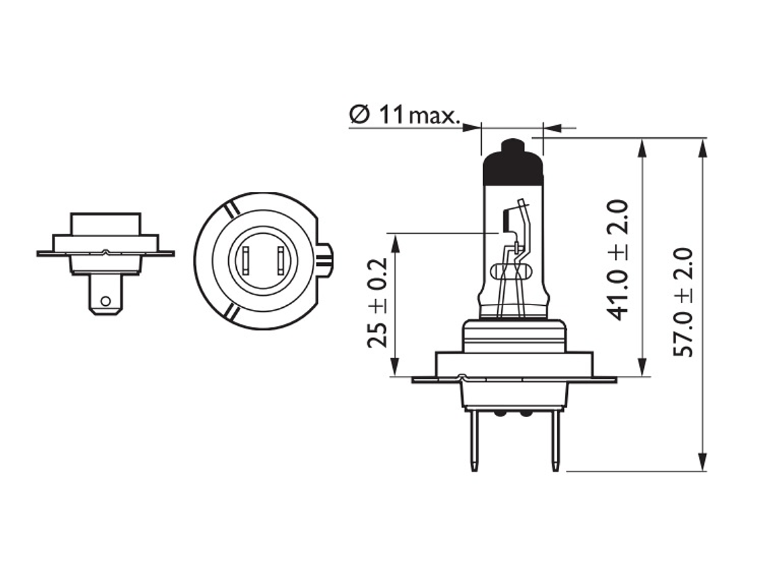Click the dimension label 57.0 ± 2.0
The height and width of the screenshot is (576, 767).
pyautogui.click(x=684, y=303)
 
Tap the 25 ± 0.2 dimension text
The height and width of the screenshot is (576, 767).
pyautogui.click(x=377, y=303)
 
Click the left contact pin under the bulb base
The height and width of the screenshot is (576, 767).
pyautogui.click(x=474, y=441)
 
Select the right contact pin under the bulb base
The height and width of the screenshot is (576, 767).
pyautogui.click(x=555, y=441)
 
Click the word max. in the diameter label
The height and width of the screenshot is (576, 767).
pyautogui.click(x=434, y=116)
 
